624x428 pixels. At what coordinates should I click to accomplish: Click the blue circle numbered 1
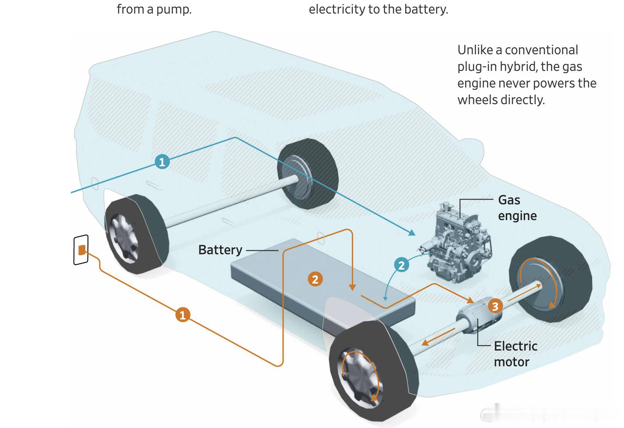pyautogui.click(x=162, y=161)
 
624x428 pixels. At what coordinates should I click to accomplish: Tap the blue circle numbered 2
pyautogui.click(x=401, y=265)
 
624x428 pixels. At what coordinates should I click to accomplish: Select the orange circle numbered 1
pyautogui.click(x=183, y=315)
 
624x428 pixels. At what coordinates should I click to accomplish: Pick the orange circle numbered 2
pyautogui.click(x=315, y=279)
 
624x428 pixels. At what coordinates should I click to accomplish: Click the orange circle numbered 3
pyautogui.click(x=495, y=306)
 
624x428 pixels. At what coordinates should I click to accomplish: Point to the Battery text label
pyautogui.click(x=220, y=250)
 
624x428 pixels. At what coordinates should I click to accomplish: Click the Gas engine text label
pyautogui.click(x=517, y=208)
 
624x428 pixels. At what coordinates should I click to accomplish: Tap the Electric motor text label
pyautogui.click(x=515, y=354)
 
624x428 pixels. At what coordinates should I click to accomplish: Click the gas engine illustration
pyautogui.click(x=457, y=242)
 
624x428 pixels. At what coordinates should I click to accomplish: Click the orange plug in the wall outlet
pyautogui.click(x=82, y=250)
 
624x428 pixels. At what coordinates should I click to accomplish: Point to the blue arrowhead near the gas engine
pyautogui.click(x=412, y=232)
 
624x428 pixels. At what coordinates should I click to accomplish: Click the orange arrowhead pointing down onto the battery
pyautogui.click(x=352, y=287)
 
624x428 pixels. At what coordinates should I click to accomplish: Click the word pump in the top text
pyautogui.click(x=174, y=10)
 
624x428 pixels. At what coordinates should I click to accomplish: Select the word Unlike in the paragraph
pyautogui.click(x=475, y=50)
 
